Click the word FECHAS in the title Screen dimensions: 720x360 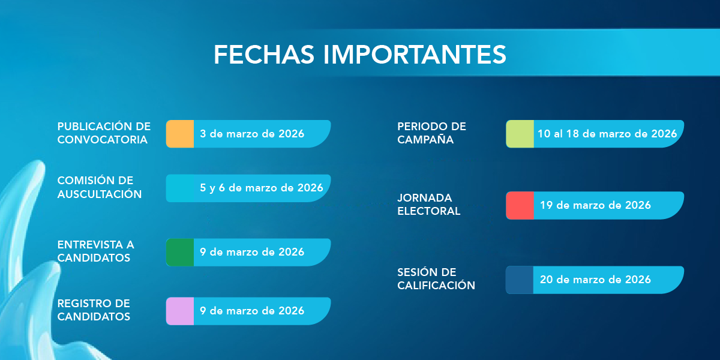[264, 55]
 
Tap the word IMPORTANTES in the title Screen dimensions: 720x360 [415, 55]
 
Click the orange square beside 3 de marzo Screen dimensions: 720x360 [180, 134]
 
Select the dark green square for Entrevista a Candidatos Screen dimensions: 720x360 [180, 253]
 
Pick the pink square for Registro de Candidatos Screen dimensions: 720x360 [180, 311]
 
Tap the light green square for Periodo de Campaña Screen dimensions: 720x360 [520, 134]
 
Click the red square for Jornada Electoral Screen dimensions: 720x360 [520, 205]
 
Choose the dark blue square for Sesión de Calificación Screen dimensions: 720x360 [520, 280]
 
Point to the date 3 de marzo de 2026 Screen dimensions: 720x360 [252, 134]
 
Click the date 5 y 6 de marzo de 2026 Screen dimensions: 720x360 [262, 188]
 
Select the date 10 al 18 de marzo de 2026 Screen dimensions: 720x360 [607, 134]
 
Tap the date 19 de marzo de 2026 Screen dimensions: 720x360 [595, 205]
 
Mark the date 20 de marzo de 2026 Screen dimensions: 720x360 [595, 280]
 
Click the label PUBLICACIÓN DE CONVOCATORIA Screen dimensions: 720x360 [104, 133]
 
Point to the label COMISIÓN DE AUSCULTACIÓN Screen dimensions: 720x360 [100, 187]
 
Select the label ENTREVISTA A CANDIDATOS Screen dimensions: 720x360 [95, 251]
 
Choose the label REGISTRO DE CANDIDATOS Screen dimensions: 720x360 [94, 310]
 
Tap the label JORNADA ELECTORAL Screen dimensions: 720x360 [429, 205]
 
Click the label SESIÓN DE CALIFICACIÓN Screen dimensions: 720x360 [436, 278]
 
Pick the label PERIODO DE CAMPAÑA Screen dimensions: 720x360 [431, 133]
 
